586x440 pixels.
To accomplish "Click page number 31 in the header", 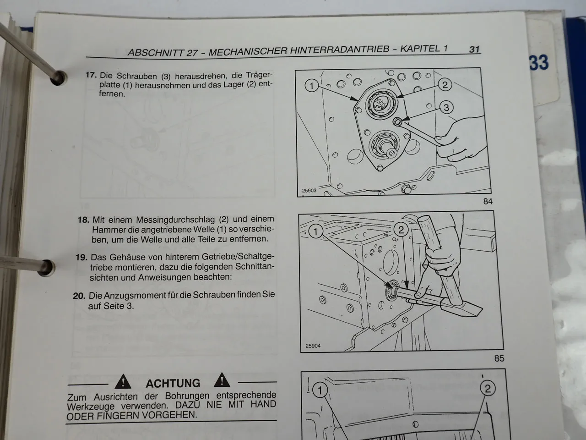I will point(474,49).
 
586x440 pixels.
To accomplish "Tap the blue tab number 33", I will point(539,62).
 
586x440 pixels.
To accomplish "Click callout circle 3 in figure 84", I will point(446,108).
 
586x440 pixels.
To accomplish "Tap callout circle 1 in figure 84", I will point(311,85).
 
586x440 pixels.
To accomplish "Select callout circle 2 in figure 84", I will point(444,84).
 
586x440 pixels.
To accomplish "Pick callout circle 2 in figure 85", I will point(401,230).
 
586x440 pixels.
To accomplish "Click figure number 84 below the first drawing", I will point(488,201).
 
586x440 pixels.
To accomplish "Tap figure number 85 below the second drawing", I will point(499,358).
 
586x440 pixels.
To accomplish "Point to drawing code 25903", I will point(309,191).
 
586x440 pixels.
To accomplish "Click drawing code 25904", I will point(313,346).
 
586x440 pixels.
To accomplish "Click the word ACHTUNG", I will point(173,383).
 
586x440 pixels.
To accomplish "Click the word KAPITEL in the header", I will point(423,49).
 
